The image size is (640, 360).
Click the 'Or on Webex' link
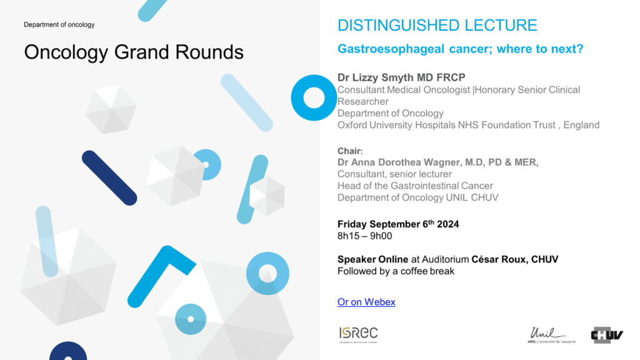point(366,302)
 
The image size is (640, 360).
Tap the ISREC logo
point(358,335)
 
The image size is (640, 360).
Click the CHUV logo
point(607,335)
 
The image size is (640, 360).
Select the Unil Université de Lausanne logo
point(551,335)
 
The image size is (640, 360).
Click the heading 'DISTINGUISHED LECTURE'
point(437,25)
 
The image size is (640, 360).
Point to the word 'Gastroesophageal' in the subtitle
point(391,49)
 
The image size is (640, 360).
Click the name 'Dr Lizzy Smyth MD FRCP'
point(401,77)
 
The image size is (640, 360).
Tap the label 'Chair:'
point(350,151)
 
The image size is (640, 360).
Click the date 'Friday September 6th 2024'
point(398,224)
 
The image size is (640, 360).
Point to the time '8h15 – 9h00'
point(364,236)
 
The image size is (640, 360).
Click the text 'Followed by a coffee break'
point(396,271)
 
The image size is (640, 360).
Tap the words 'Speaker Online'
point(372,259)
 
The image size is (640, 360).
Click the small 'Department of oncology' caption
point(59,24)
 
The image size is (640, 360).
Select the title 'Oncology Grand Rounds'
point(134,52)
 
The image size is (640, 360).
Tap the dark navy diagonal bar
point(109,178)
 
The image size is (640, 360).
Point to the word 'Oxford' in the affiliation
point(352,125)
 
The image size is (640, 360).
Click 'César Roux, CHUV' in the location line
point(515,259)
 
